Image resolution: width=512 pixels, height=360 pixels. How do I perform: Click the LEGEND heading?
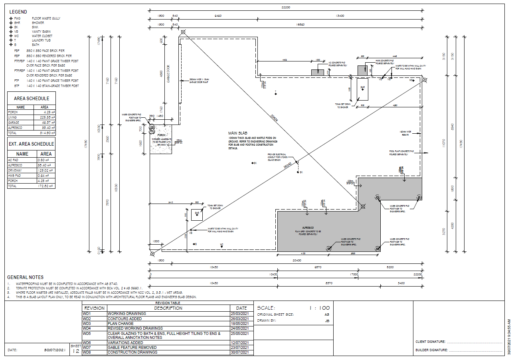tap(18, 12)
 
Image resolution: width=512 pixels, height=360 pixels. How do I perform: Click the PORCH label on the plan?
tap(161, 135)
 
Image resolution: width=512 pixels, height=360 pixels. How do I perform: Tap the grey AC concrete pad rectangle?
tap(318, 72)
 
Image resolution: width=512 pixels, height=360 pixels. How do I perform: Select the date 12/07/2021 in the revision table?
tap(241, 342)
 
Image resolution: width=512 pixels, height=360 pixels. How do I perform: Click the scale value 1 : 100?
tap(319, 308)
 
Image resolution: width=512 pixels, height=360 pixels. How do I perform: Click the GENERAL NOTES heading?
tap(26, 277)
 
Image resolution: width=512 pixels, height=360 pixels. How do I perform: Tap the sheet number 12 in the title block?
tap(75, 351)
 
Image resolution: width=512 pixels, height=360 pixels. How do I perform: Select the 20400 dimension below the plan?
tap(297, 260)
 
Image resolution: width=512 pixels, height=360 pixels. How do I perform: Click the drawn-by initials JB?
tap(327, 320)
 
